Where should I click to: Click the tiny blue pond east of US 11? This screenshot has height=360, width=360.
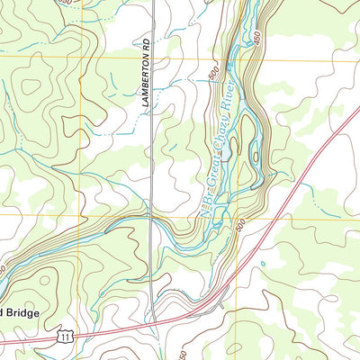263,263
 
